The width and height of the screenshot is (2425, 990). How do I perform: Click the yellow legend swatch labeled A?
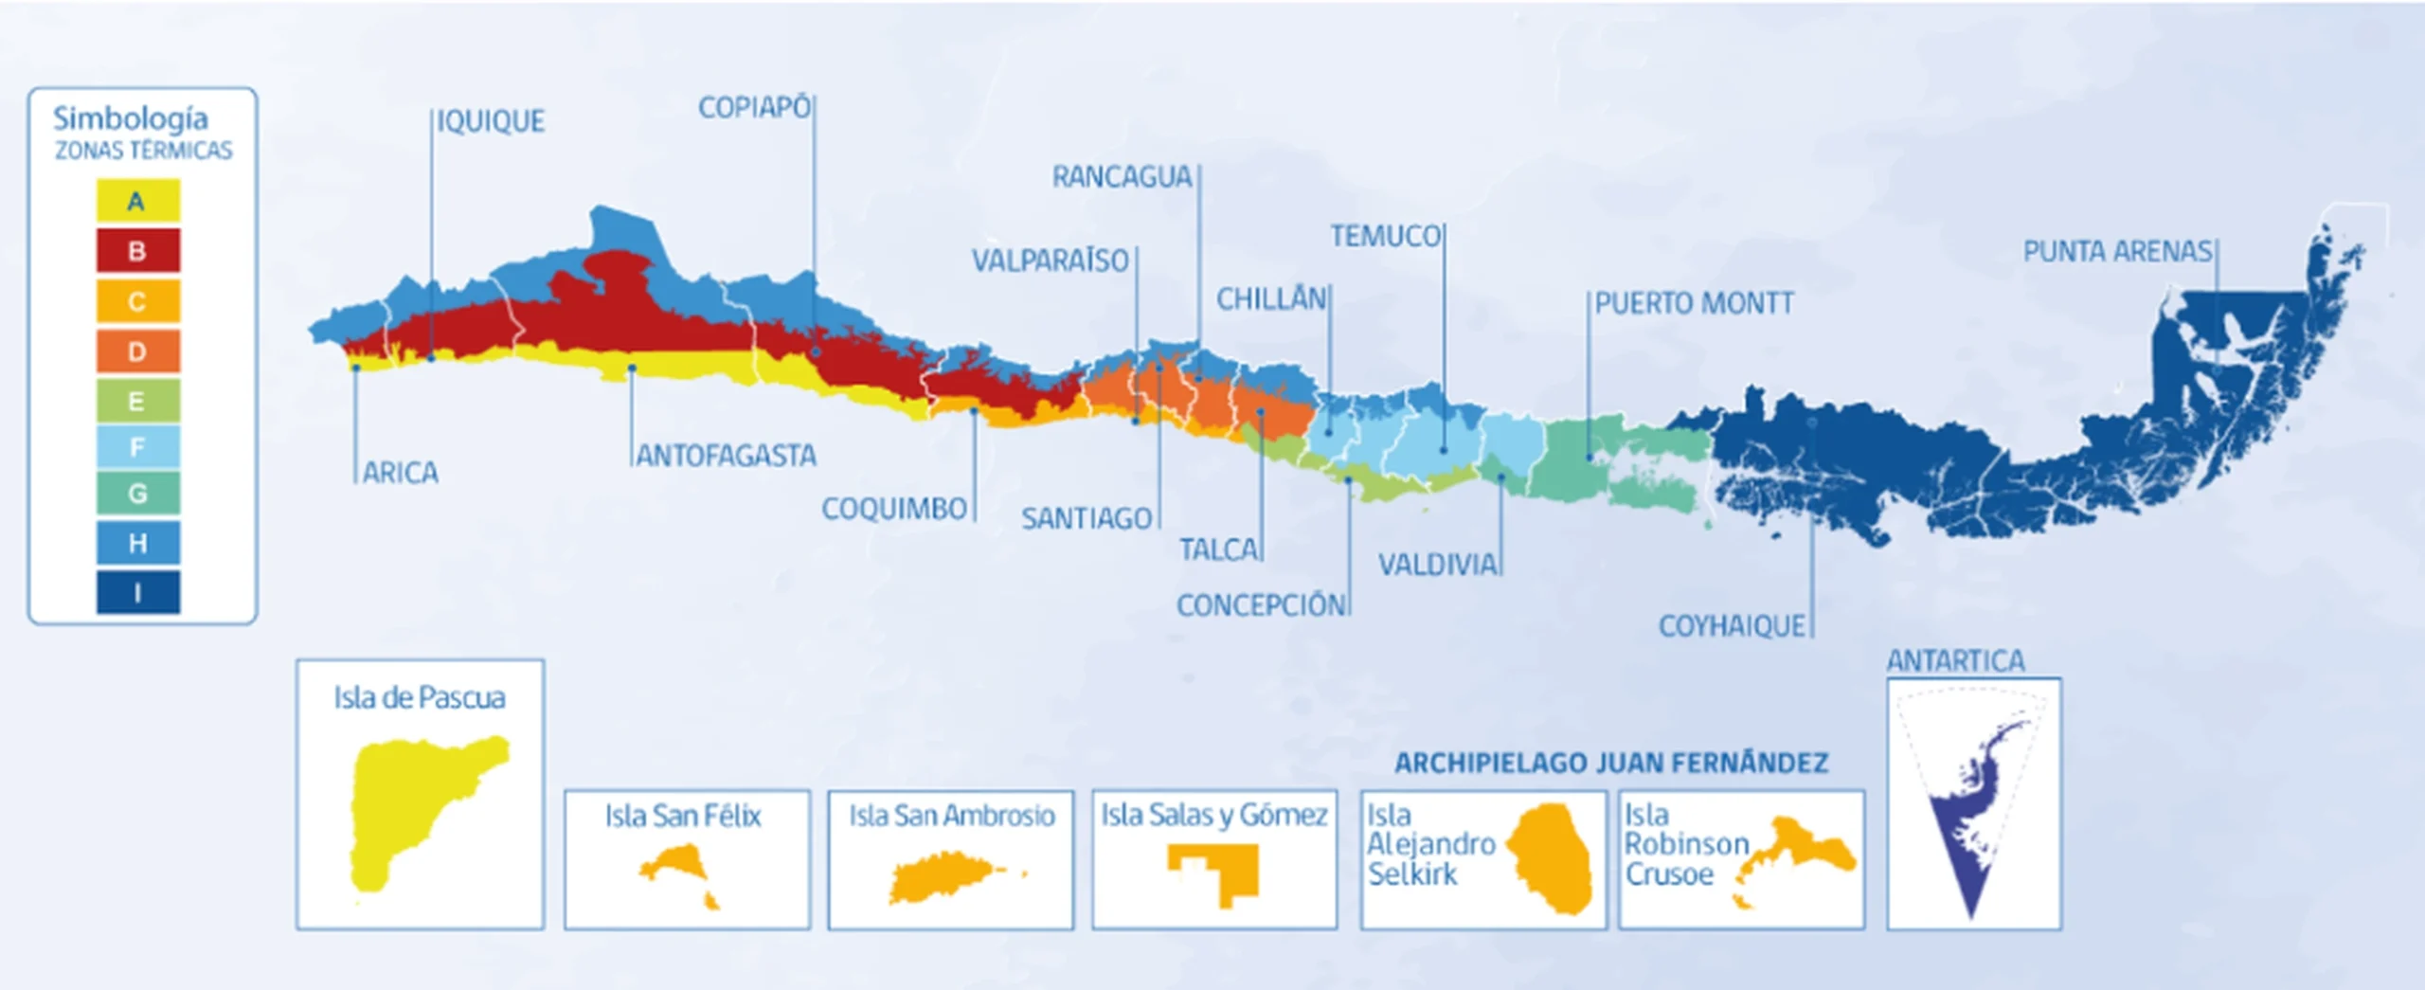[x=137, y=201]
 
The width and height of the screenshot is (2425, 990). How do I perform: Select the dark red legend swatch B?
[x=137, y=251]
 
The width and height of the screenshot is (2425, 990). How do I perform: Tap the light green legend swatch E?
[x=137, y=401]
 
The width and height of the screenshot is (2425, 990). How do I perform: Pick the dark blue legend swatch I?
[x=137, y=593]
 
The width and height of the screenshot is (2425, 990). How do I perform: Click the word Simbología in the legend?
[x=131, y=118]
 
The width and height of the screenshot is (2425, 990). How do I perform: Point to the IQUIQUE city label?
[x=491, y=121]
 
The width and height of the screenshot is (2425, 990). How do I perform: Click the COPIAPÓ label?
[x=754, y=107]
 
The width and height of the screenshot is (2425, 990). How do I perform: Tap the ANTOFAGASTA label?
[x=726, y=456]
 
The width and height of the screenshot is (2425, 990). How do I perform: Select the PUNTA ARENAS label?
[x=2117, y=251]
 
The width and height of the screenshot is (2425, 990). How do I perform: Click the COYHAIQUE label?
[x=1732, y=626]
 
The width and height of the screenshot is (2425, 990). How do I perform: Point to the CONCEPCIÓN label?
[x=1261, y=605]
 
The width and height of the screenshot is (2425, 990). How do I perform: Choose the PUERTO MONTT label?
[x=1694, y=303]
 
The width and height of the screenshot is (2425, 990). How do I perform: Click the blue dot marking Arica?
[x=356, y=368]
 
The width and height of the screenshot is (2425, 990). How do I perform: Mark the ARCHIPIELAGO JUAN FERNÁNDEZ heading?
[x=1611, y=763]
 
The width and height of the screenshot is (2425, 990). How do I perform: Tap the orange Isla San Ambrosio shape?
[x=943, y=876]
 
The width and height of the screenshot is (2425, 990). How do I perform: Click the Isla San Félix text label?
[x=683, y=816]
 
